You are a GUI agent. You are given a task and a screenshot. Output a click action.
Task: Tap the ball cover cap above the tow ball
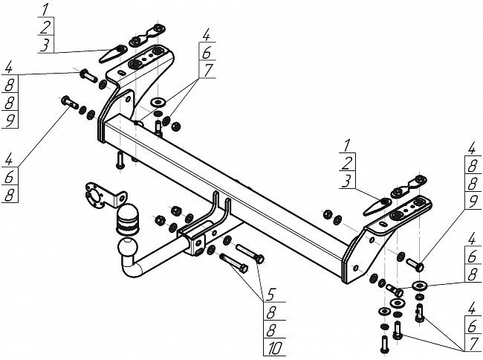pyautogui.click(x=126, y=219)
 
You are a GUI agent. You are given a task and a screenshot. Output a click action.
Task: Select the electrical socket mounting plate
pyautogui.click(x=104, y=196)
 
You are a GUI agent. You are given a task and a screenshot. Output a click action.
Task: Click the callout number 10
pyautogui.click(x=274, y=348)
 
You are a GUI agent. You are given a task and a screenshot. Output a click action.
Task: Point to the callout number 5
pyautogui.click(x=270, y=295)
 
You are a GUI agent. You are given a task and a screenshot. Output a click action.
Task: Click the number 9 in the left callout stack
pyautogui.click(x=10, y=120)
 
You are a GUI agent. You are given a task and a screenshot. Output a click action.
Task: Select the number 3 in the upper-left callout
pyautogui.click(x=45, y=45)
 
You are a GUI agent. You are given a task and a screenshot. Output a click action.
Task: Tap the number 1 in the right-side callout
pyautogui.click(x=347, y=146)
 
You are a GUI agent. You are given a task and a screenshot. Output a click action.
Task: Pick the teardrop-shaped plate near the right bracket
pyautogui.click(x=377, y=207)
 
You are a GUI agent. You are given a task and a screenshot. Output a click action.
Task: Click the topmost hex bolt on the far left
pyautogui.click(x=88, y=76)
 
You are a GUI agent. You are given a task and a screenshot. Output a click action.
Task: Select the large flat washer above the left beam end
pyautogui.click(x=158, y=102)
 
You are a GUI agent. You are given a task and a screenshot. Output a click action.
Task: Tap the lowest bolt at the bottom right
pyautogui.click(x=384, y=344)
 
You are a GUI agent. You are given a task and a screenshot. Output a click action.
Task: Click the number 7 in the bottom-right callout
pyautogui.click(x=472, y=344)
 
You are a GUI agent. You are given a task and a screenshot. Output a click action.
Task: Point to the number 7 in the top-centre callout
pyautogui.click(x=208, y=70)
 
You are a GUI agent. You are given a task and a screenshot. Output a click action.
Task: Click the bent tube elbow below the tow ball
pyautogui.click(x=132, y=268)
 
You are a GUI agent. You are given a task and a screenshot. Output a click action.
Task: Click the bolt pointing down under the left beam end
pyautogui.click(x=120, y=160)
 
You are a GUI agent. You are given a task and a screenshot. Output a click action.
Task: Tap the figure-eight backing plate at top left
pyautogui.click(x=147, y=36)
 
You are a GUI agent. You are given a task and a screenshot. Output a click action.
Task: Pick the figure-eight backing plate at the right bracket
pyautogui.click(x=409, y=187)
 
